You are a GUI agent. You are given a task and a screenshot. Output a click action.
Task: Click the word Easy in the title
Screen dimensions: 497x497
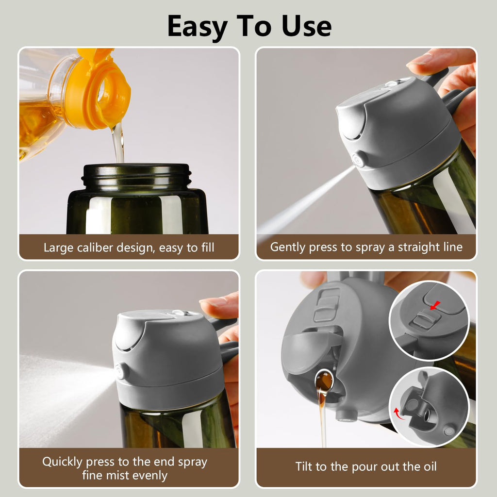pyautogui.click(x=199, y=27)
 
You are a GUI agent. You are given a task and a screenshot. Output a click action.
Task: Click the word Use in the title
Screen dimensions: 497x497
pyautogui.click(x=306, y=27)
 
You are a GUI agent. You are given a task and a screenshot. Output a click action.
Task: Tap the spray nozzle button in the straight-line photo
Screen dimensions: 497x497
pyautogui.click(x=360, y=159)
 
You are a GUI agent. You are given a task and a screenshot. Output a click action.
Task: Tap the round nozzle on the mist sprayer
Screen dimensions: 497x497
pyautogui.click(x=119, y=372)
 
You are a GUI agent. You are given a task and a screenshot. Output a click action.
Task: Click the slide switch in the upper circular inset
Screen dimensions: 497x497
pyautogui.click(x=425, y=320)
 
